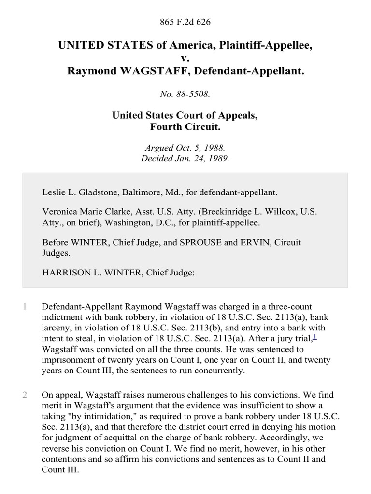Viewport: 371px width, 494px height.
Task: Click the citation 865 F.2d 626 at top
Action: tap(185, 22)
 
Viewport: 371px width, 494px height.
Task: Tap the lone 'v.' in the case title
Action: tap(185, 58)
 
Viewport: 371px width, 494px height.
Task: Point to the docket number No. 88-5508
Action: tap(185, 95)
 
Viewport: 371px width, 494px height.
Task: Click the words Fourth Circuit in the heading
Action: tap(185, 128)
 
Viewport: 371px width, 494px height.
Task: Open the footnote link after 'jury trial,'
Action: tap(314, 336)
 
